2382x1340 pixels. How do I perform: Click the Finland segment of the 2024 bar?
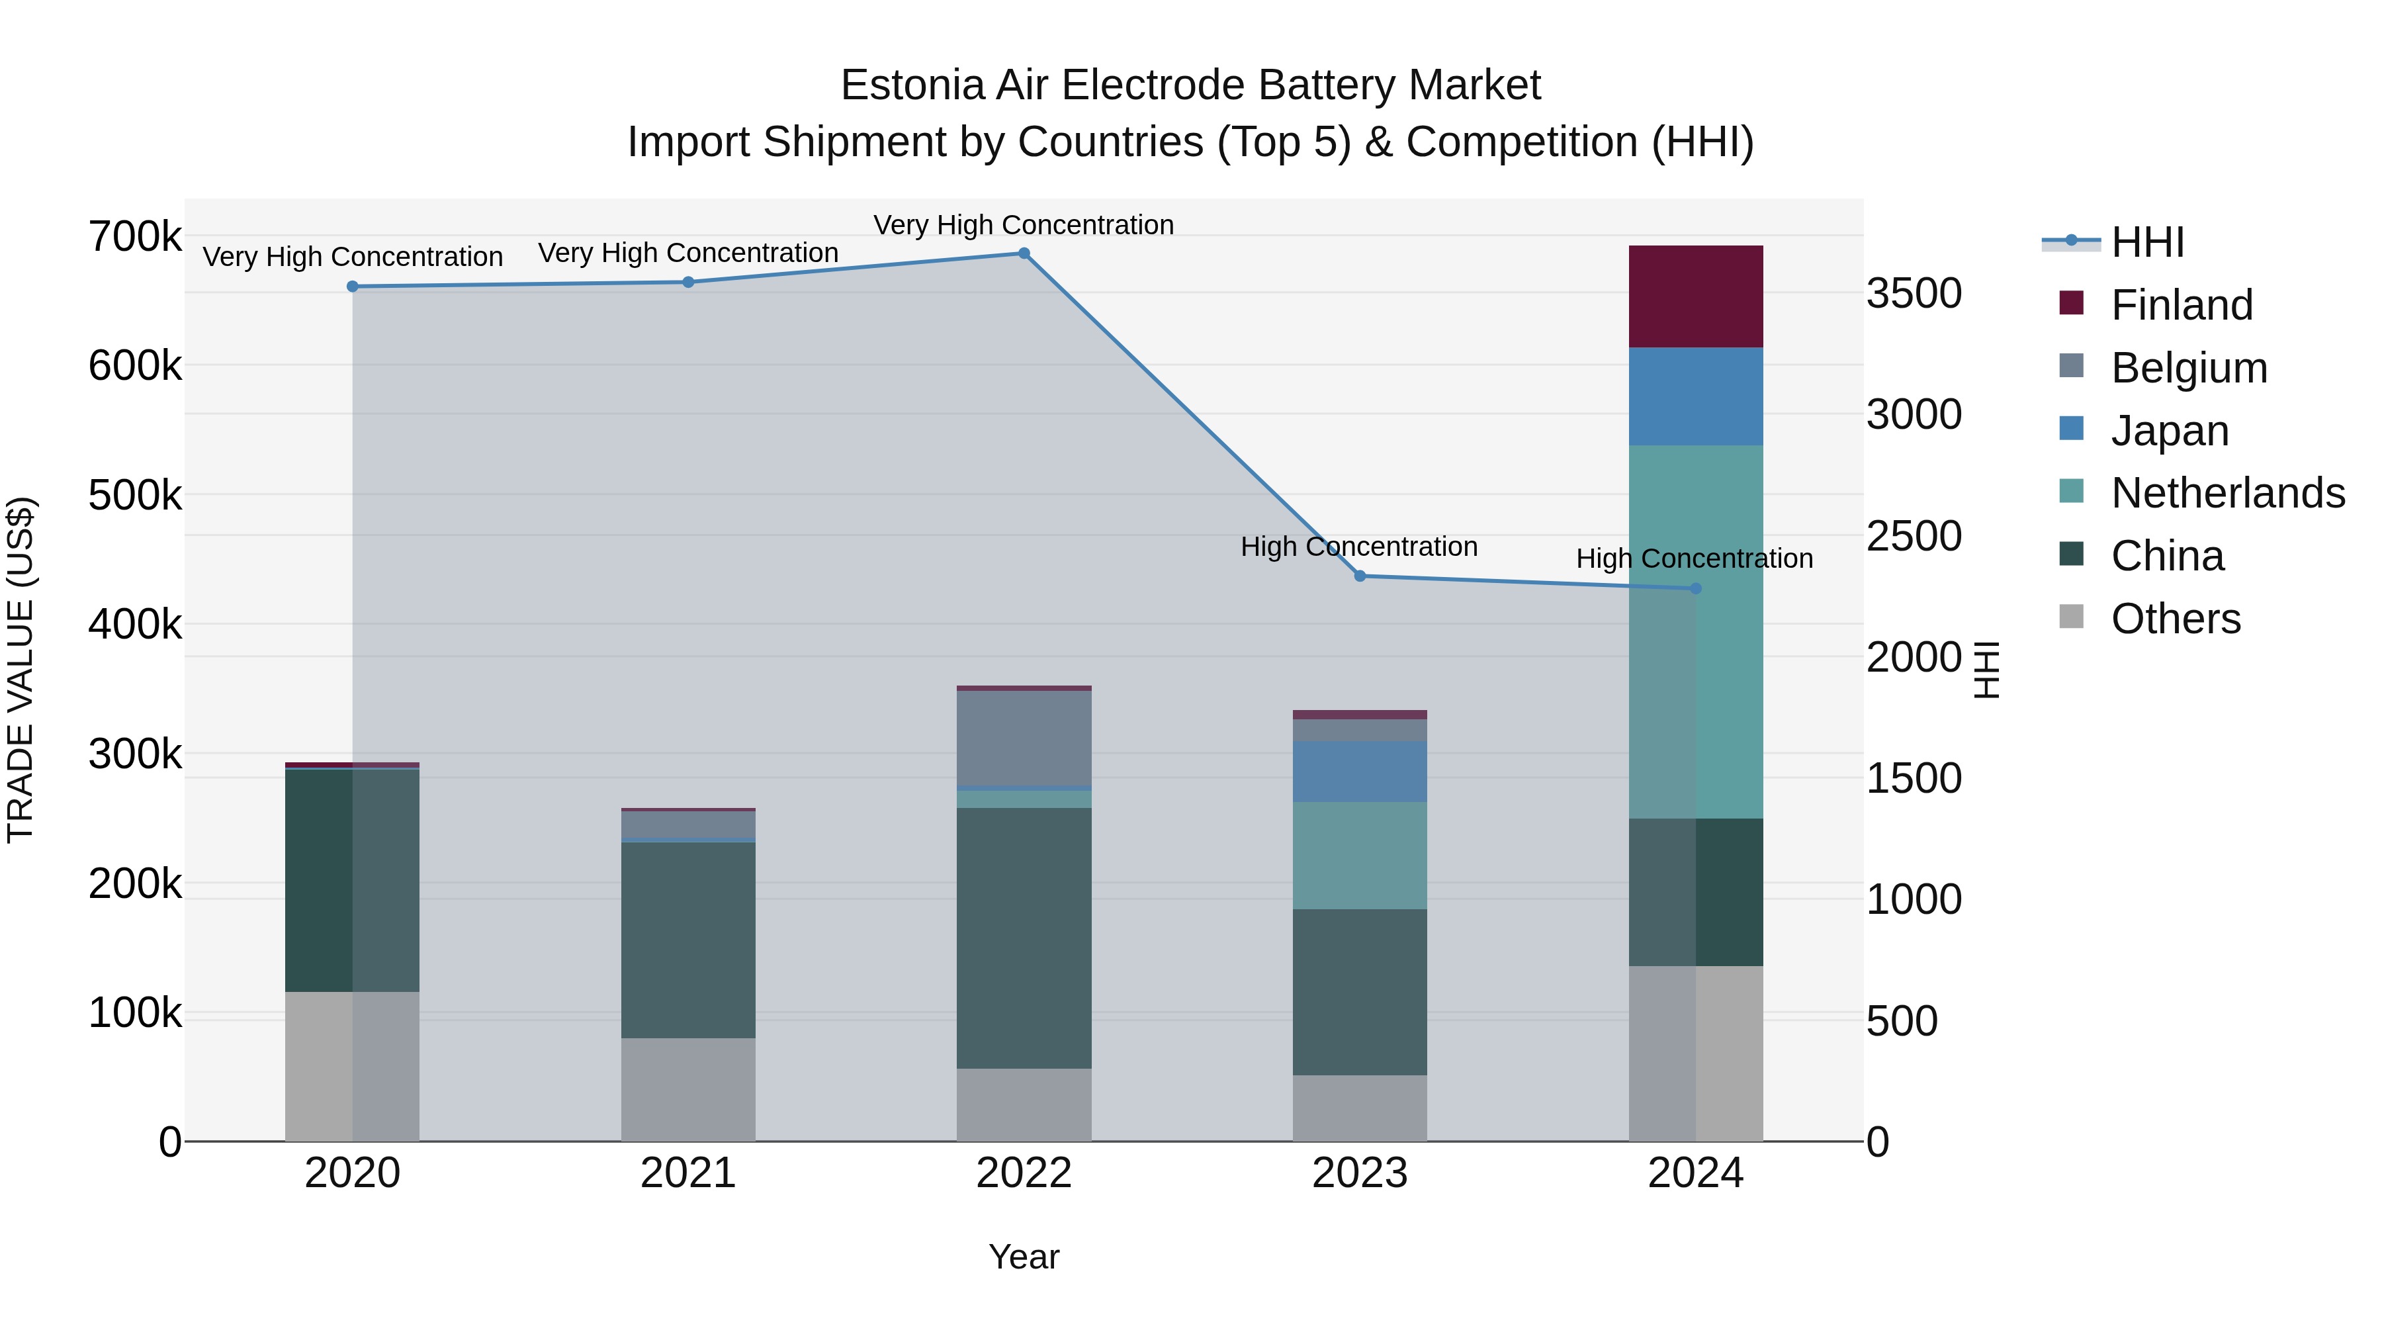click(1695, 297)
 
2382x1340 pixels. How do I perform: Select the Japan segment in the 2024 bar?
click(1695, 397)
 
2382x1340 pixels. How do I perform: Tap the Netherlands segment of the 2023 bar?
click(1359, 856)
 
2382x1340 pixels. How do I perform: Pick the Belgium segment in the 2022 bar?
click(1024, 738)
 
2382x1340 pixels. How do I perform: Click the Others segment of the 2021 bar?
click(688, 1089)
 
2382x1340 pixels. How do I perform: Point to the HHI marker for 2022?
click(1024, 253)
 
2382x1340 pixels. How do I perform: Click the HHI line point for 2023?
click(1359, 576)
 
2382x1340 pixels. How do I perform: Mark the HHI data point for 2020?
click(352, 287)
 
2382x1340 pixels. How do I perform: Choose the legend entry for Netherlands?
click(2227, 493)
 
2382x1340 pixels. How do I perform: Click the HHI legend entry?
click(2147, 242)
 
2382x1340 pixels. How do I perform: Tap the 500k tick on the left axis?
click(135, 496)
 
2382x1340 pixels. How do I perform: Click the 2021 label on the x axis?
click(688, 1173)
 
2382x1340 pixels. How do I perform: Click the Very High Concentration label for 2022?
click(1024, 225)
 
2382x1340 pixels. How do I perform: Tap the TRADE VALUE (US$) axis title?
click(21, 670)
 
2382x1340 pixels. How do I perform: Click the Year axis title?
click(1024, 1257)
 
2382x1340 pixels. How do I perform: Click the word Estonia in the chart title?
click(912, 86)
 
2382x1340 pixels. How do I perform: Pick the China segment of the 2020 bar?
click(352, 879)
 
